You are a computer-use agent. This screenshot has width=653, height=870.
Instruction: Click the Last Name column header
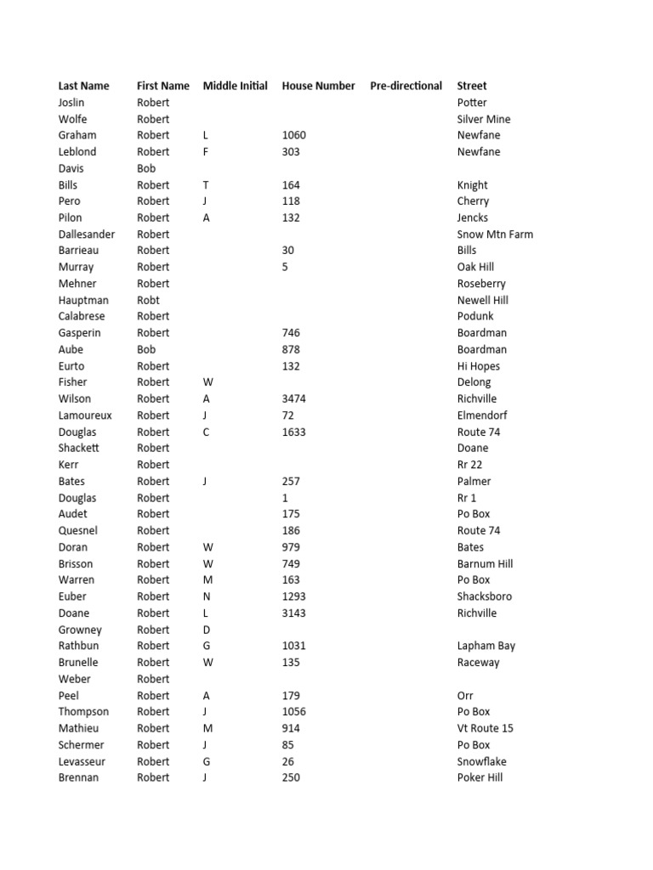83,86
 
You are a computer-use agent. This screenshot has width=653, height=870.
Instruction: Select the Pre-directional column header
406,86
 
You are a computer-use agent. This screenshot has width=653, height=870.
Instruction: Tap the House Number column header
318,86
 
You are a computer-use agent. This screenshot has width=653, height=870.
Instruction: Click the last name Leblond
77,152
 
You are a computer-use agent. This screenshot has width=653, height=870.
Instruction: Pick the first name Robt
148,300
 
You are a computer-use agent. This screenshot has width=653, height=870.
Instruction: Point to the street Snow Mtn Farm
495,234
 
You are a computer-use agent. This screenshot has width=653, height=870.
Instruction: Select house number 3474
293,398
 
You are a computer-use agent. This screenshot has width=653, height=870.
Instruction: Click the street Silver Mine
483,119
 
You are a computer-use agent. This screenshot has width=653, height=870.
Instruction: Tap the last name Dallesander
86,234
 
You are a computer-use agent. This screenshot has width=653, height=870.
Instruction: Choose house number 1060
293,135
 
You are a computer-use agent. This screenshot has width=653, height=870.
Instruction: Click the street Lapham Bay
485,646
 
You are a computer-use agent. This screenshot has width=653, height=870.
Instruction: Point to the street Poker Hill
480,777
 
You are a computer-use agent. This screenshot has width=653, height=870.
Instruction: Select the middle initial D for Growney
207,630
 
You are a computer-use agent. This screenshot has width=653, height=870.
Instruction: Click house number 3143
293,613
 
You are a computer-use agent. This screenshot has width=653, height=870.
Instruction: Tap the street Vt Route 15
485,728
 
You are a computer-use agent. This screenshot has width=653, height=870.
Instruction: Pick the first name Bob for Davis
146,168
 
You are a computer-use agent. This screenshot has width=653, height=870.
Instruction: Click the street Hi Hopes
478,366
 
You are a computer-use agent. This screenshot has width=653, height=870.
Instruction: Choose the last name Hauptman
82,300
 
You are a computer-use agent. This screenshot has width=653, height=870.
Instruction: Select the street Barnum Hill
485,563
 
